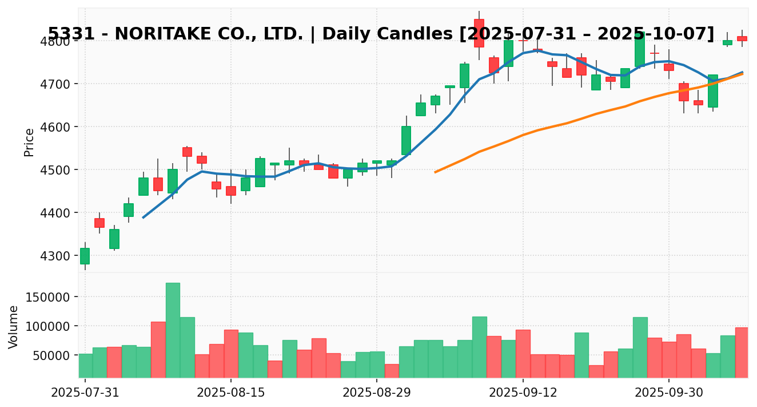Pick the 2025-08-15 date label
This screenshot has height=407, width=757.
tap(231, 393)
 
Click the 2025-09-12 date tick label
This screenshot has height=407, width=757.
tap(523, 393)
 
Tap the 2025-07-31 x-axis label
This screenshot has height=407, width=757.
tap(85, 393)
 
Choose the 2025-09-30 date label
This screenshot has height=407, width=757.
tap(669, 393)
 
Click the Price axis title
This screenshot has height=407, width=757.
tap(29, 142)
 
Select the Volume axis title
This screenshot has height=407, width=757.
tap(14, 326)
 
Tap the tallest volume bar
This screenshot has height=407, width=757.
tap(173, 330)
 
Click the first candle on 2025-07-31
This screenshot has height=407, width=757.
tap(85, 256)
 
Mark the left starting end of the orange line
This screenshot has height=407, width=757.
tap(435, 172)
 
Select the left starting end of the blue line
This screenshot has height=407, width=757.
tap(143, 218)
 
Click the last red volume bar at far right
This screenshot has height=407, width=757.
tap(742, 352)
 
